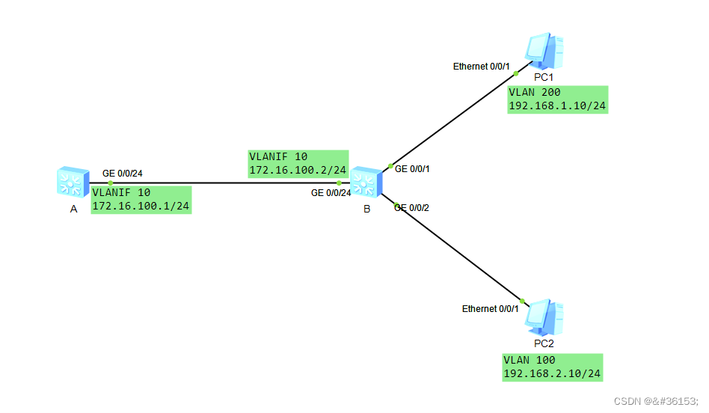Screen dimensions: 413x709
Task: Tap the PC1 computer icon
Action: click(x=544, y=51)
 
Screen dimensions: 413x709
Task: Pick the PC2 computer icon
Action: click(x=544, y=318)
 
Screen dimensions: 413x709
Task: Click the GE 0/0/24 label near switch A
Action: click(x=123, y=174)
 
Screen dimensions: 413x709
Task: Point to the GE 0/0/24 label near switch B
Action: click(x=331, y=193)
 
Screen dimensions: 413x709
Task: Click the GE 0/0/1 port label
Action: click(x=412, y=169)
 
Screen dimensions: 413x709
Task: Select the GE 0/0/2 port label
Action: click(x=412, y=207)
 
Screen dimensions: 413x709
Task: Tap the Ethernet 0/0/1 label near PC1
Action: click(x=481, y=67)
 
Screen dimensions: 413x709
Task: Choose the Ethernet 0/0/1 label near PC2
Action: click(x=490, y=309)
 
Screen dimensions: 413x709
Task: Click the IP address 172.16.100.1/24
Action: click(x=141, y=205)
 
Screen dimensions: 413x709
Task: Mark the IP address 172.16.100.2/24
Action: click(x=298, y=171)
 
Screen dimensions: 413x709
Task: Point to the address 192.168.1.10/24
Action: click(x=557, y=105)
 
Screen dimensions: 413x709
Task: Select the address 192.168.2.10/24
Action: click(x=552, y=373)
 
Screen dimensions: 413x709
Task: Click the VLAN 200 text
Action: click(x=535, y=93)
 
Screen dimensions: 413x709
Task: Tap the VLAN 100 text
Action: click(x=530, y=360)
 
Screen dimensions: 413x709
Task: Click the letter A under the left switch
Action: click(x=73, y=209)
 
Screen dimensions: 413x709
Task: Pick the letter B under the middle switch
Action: click(x=366, y=209)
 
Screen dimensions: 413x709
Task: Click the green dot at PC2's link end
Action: click(x=523, y=302)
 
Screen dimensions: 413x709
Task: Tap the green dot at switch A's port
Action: click(x=110, y=183)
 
